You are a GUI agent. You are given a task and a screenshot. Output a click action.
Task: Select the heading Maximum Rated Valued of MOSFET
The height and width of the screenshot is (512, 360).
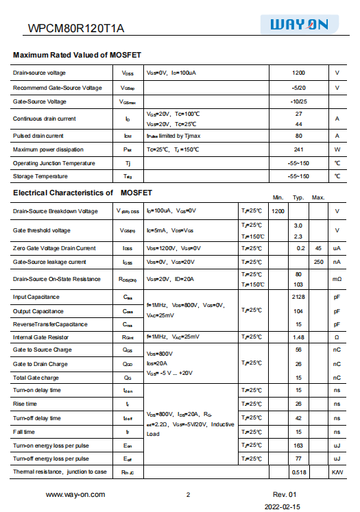tap(77, 55)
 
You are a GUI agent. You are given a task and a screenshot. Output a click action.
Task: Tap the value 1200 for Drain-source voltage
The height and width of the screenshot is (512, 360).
tap(298, 73)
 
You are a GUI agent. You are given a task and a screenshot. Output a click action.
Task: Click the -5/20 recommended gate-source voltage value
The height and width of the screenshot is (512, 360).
tap(298, 88)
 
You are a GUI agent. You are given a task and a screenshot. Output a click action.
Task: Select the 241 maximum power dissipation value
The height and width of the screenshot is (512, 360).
tap(298, 149)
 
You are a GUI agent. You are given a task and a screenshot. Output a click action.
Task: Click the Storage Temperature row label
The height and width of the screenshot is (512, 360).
tap(39, 176)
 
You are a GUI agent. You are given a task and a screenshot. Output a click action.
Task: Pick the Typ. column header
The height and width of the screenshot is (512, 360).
tap(298, 197)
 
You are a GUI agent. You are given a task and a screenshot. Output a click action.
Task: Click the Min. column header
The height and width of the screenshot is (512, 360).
tap(278, 197)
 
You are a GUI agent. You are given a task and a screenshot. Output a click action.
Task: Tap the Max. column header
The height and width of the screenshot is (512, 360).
tap(318, 197)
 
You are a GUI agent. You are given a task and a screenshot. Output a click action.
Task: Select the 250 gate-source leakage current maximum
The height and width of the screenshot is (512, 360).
tap(318, 262)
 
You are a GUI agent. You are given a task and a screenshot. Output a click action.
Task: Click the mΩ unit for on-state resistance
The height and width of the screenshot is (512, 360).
tap(337, 279)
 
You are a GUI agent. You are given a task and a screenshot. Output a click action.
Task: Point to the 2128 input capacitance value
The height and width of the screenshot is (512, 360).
tap(298, 297)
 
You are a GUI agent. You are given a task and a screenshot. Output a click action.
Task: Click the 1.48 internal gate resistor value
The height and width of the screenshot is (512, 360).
tap(298, 337)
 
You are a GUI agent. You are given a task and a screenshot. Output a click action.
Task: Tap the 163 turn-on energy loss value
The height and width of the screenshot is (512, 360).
tap(298, 446)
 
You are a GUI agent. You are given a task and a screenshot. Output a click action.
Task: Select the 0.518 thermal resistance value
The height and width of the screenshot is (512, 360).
tap(298, 472)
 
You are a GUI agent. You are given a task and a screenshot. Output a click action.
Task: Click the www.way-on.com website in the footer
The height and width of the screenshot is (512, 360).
tap(75, 494)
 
